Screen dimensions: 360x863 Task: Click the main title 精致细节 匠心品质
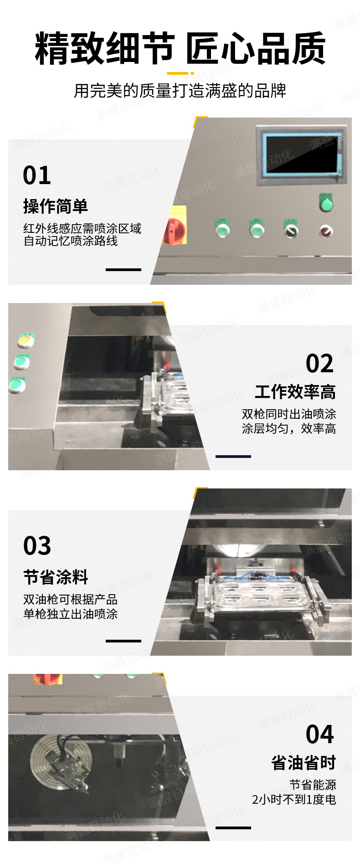point(180,48)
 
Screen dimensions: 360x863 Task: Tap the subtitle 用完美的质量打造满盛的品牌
point(180,91)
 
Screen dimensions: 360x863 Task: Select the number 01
point(37,175)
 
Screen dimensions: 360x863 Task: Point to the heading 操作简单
point(55,206)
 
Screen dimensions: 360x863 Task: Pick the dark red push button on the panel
point(326,231)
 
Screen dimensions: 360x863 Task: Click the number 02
point(320,363)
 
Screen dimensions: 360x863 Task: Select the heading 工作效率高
point(295,392)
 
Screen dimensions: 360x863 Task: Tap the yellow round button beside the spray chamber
point(26,339)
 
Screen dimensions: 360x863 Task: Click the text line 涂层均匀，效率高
point(289,428)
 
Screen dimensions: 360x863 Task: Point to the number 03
point(37,546)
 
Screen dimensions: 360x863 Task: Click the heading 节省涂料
point(56,577)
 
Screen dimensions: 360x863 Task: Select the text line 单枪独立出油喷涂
point(71,614)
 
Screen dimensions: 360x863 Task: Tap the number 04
point(320,734)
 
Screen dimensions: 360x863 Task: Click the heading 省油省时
point(303,762)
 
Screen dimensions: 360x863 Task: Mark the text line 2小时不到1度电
point(294,799)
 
